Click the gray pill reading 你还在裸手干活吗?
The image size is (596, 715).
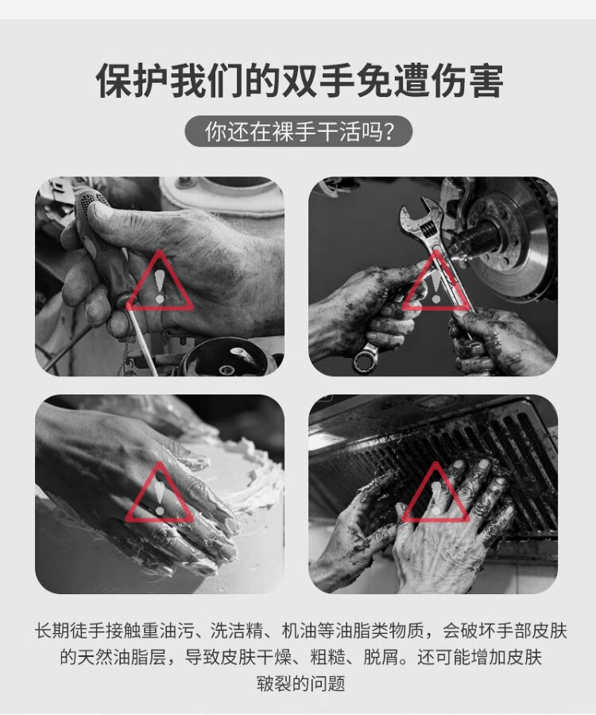[x=299, y=132]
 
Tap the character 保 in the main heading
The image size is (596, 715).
[x=114, y=80]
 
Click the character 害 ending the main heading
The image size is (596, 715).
[x=486, y=80]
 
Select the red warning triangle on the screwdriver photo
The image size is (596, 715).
[x=160, y=281]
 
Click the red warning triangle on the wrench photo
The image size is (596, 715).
[x=436, y=281]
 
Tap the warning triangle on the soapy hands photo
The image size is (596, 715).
[x=160, y=492]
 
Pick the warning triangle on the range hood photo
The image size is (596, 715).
[x=436, y=492]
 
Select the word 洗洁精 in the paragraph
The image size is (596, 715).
[x=237, y=631]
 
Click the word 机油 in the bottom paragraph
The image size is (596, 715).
[x=299, y=631]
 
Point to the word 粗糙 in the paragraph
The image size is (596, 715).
[x=327, y=658]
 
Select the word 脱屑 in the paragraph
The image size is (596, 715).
[x=381, y=658]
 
